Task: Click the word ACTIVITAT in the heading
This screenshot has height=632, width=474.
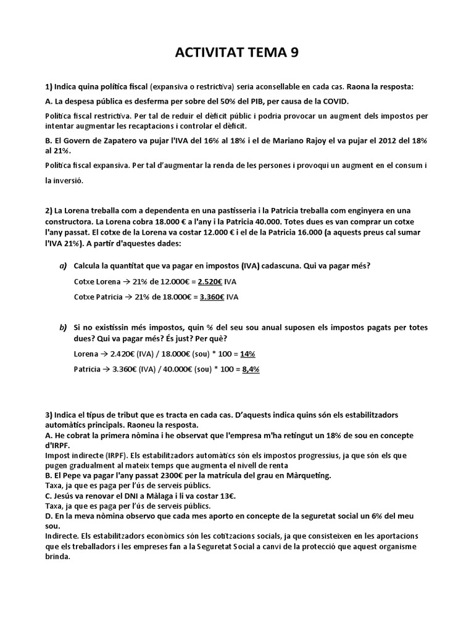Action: (x=208, y=52)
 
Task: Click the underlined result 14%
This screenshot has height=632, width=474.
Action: (x=247, y=354)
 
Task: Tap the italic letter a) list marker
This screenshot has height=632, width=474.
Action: (x=63, y=266)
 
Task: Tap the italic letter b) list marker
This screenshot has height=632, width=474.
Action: (x=63, y=326)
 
